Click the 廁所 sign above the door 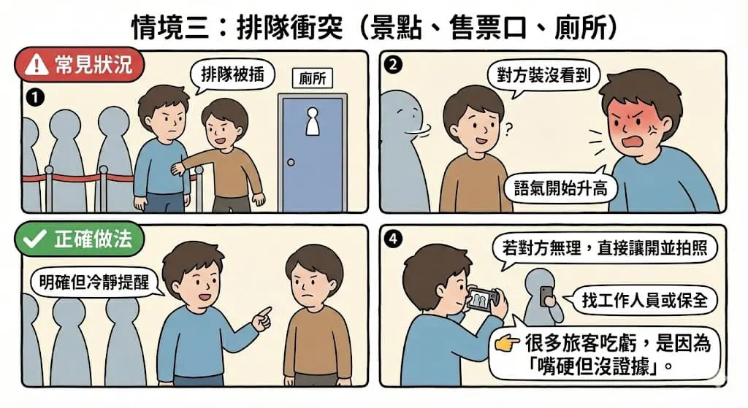tap(313, 78)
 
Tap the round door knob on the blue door tap(291, 162)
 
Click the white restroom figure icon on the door tap(313, 121)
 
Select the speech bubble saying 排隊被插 tap(232, 75)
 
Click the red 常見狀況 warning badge tap(79, 65)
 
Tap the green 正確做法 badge tap(79, 239)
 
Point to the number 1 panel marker tap(36, 98)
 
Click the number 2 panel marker tap(394, 65)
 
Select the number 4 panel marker tap(394, 239)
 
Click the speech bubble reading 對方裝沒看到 tap(543, 76)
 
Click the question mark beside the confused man tap(508, 128)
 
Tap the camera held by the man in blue tap(482, 300)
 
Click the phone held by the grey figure tap(545, 296)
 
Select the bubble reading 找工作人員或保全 tap(644, 300)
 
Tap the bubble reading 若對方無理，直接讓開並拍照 tap(604, 249)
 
